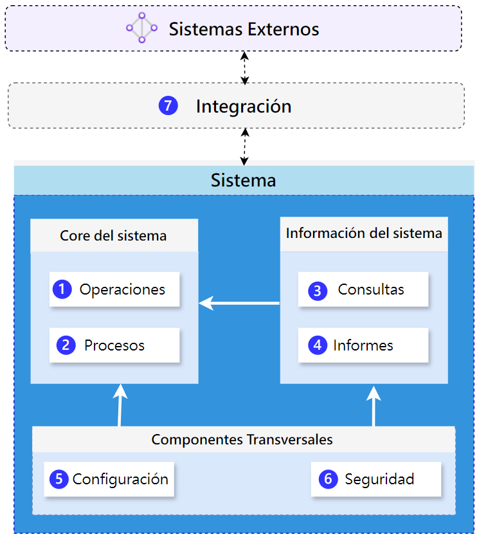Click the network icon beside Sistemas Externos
pyautogui.click(x=141, y=28)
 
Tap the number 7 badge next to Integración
pyautogui.click(x=168, y=105)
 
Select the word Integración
pyautogui.click(x=243, y=106)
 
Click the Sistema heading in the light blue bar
pyautogui.click(x=243, y=180)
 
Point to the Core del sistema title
pyautogui.click(x=113, y=235)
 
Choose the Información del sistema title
pyautogui.click(x=364, y=233)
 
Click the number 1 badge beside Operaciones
pyautogui.click(x=62, y=289)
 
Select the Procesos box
pyautogui.click(x=114, y=345)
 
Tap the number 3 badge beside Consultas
pyautogui.click(x=317, y=291)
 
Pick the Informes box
pyautogui.click(x=363, y=345)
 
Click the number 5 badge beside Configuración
pyautogui.click(x=59, y=479)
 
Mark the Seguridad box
pyautogui.click(x=376, y=479)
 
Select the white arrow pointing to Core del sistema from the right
pyautogui.click(x=239, y=303)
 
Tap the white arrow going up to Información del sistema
pyautogui.click(x=374, y=405)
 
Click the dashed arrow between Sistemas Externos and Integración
pyautogui.click(x=244, y=67)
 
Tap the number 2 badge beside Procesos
pyautogui.click(x=66, y=346)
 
